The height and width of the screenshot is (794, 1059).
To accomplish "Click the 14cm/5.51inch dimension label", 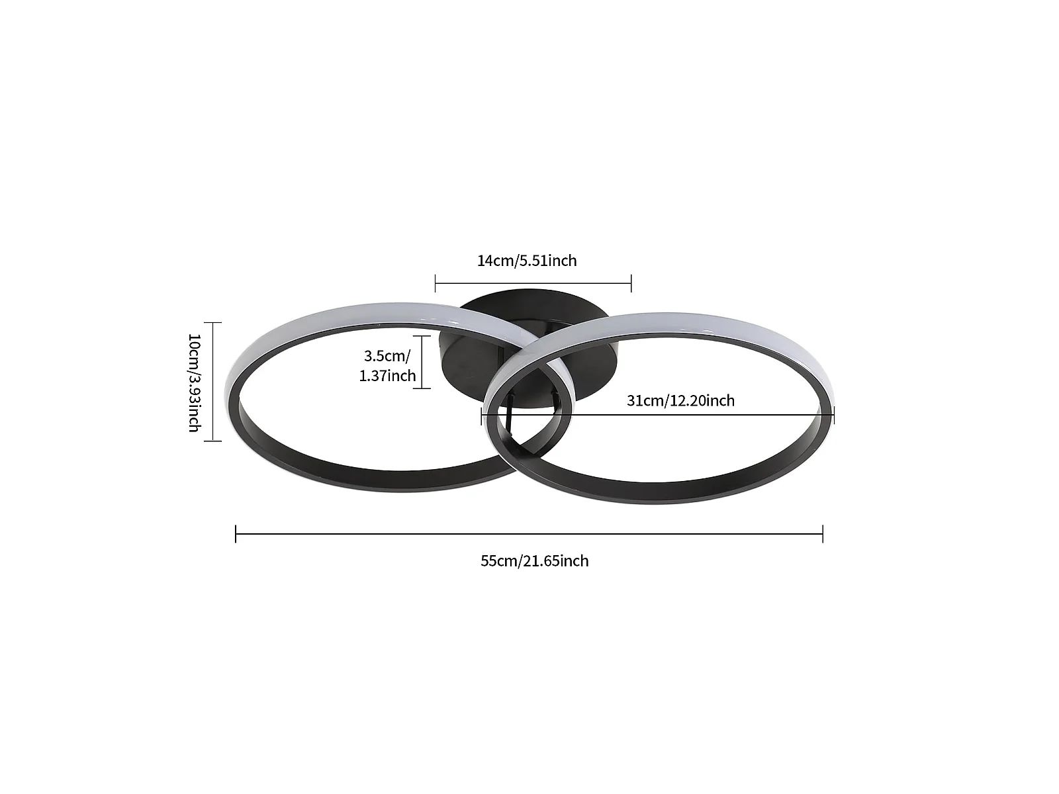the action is pos(527,261).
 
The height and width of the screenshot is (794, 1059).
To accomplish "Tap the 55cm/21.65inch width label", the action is pos(534,561).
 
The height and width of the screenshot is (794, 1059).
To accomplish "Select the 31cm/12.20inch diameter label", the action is pos(680,400).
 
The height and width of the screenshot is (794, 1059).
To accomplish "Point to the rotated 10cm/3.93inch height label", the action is pos(194,382).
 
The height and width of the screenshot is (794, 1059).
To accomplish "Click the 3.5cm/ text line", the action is pos(387,355).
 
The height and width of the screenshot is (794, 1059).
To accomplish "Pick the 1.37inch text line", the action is pos(387,376).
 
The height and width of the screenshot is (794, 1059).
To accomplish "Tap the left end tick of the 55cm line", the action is pos(236,533).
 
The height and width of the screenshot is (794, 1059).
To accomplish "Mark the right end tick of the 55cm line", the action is pos(823,533).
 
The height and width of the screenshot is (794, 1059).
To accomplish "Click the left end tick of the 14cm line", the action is pos(436,283).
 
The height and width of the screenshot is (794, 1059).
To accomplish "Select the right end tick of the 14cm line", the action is pos(631,283).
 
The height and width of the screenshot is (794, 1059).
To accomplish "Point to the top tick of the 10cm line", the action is pos(212,322).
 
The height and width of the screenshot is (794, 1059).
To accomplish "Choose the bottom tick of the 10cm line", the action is pos(212,440).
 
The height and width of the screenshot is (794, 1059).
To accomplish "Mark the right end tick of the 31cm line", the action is pos(834,415).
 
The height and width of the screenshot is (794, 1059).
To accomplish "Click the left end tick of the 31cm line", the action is pos(481,415).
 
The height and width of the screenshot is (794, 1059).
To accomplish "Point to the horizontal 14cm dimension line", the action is pos(533,283).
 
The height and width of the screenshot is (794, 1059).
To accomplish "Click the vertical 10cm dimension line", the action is pos(212,381).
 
